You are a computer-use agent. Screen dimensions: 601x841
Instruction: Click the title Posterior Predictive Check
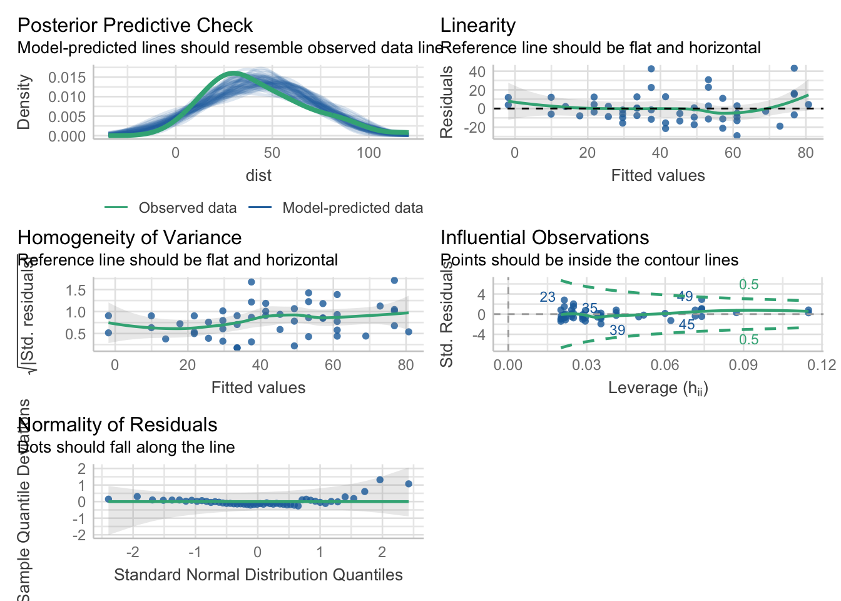135,26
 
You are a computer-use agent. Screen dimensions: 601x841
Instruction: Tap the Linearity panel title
477,26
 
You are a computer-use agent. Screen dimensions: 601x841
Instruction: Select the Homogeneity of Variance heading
129,238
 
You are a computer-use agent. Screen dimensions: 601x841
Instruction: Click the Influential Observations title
544,238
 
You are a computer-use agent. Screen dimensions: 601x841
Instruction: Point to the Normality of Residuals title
117,425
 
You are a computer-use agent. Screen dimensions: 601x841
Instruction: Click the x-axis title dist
258,176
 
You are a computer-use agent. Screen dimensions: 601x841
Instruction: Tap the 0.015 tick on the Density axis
67,78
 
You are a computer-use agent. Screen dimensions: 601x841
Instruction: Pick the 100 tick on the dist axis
369,153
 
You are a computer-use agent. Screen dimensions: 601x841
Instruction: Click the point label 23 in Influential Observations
548,297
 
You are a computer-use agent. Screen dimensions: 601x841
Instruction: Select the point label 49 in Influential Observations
685,297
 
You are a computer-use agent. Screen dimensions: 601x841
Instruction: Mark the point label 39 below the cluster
617,331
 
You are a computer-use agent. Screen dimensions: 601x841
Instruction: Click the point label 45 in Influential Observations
686,325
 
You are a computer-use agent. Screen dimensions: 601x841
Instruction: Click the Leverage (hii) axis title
658,388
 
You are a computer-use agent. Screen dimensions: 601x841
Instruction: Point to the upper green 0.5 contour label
748,285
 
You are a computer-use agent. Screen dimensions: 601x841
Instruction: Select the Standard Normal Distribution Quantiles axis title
258,575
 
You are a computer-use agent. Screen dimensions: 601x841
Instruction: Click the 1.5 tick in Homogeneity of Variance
75,290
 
